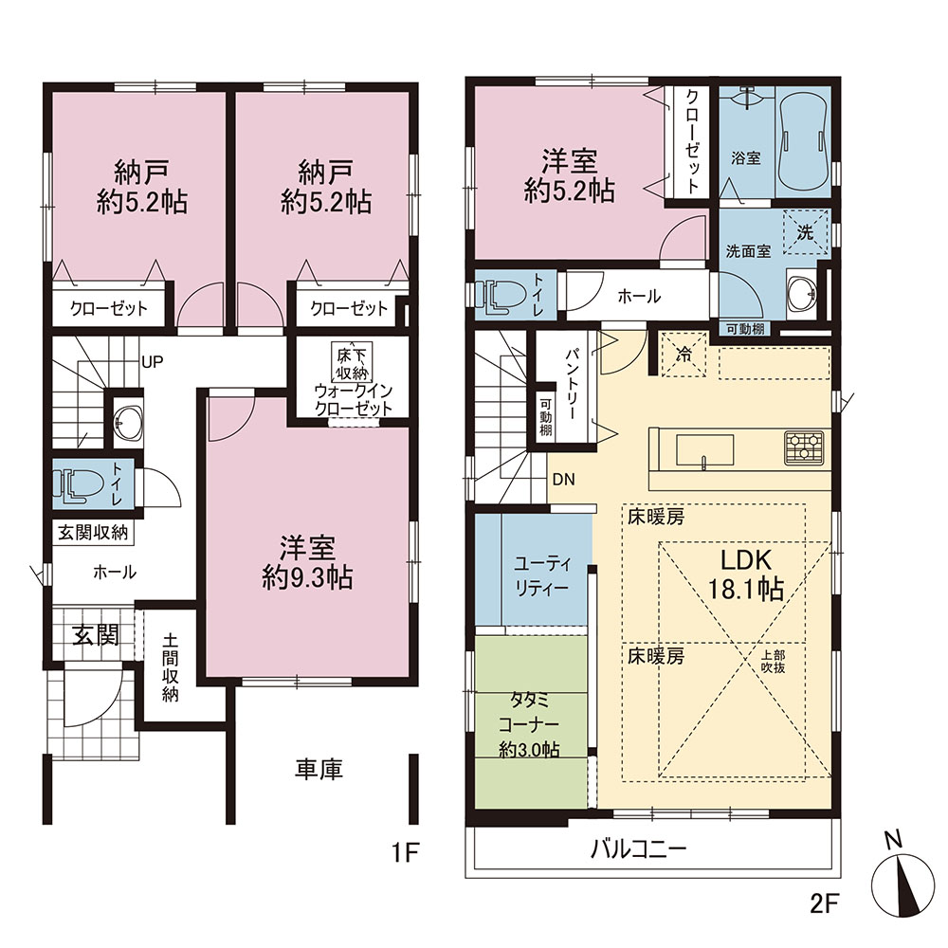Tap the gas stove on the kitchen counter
[804, 448]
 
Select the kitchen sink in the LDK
[704, 451]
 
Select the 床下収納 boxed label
[352, 362]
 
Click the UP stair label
[152, 361]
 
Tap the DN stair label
[564, 480]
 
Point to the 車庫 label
[319, 769]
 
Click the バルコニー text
[638, 849]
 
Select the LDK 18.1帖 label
[746, 574]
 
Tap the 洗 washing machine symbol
[805, 232]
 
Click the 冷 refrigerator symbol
[684, 355]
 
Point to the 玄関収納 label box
[93, 533]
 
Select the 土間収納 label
[171, 667]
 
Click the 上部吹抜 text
[774, 662]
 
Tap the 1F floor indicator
[405, 852]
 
